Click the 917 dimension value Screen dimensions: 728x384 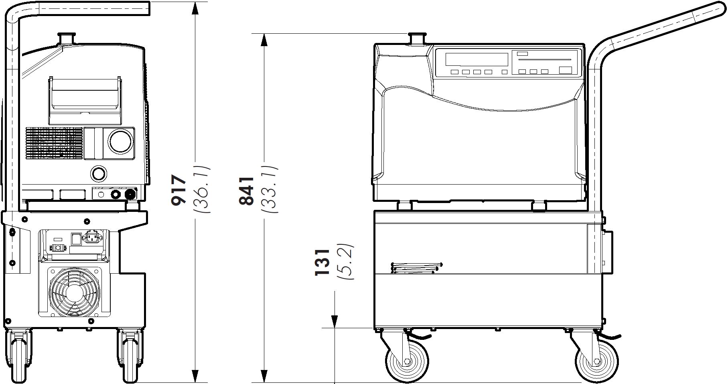pos(179,190)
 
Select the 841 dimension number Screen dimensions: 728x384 pos(246,191)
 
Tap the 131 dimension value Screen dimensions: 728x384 pos(322,262)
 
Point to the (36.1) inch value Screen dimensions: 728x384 pos(202,189)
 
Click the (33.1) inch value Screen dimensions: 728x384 pos(270,189)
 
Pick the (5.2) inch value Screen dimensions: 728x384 pos(345,262)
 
